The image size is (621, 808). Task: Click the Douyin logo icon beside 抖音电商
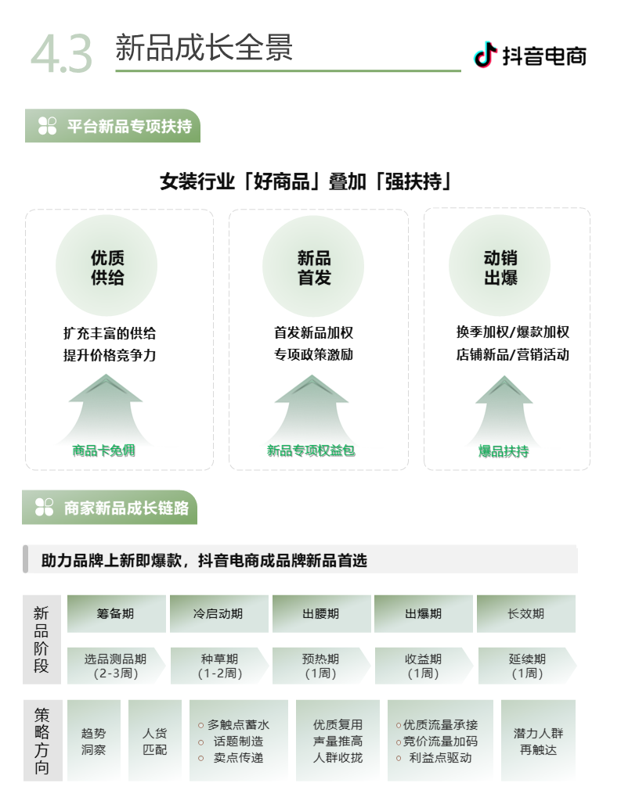point(486,55)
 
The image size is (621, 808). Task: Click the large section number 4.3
point(61,53)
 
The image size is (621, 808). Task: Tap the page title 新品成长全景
point(204,47)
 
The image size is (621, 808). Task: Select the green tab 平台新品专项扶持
point(113,126)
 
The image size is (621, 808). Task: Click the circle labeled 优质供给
point(107,267)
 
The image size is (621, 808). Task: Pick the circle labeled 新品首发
point(313,267)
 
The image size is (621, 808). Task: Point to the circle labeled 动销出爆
point(500,267)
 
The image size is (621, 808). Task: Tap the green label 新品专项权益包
point(311,451)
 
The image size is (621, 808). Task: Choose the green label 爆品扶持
point(504,451)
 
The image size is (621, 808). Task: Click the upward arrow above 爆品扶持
point(504,407)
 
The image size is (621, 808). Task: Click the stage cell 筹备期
point(116,614)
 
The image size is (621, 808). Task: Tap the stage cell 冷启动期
point(218,614)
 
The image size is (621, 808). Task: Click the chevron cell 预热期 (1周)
point(320,666)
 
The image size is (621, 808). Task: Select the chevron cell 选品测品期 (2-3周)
point(115,666)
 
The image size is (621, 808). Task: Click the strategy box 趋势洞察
point(93,741)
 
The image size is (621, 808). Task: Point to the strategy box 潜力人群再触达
point(538,741)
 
